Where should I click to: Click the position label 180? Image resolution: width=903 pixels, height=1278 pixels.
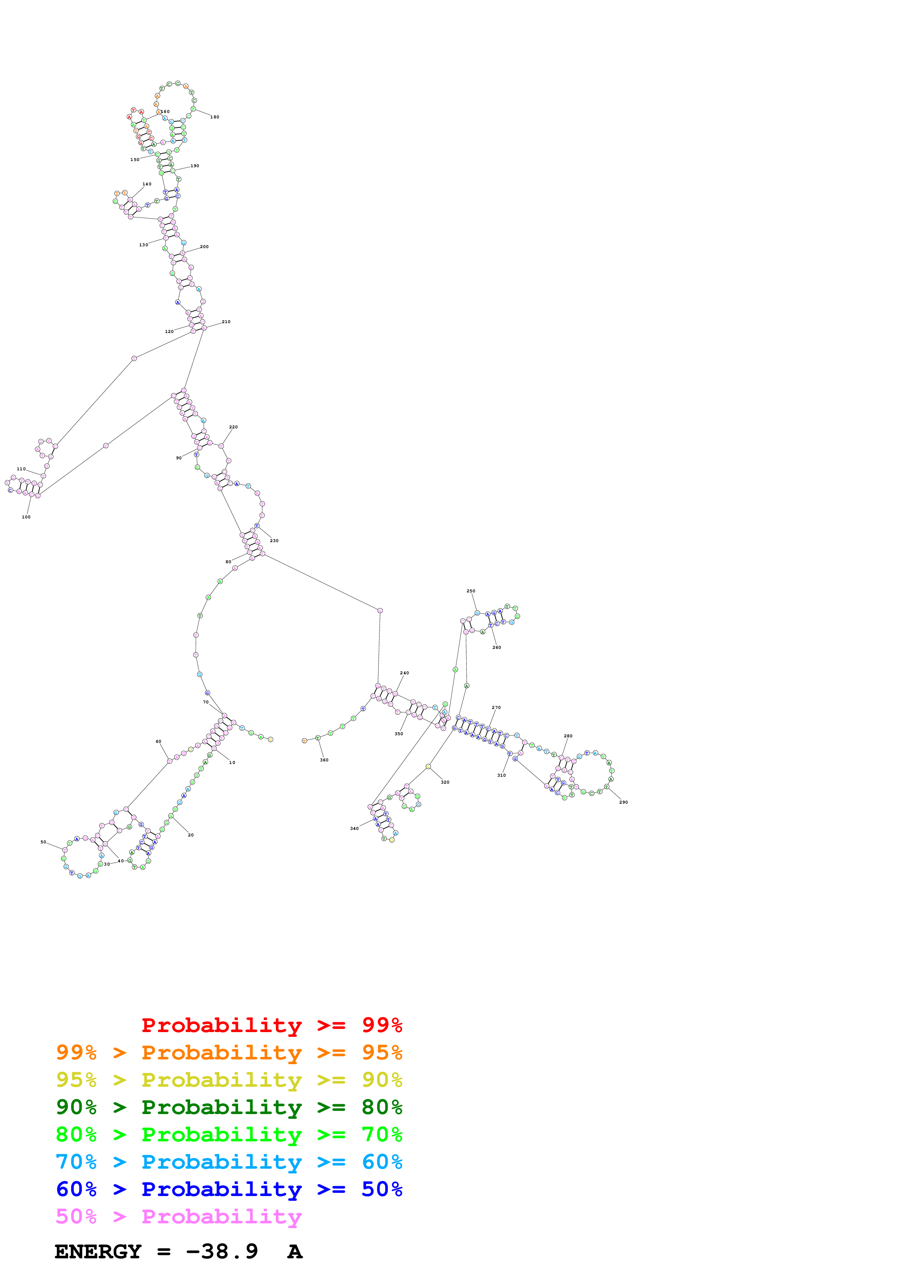(215, 117)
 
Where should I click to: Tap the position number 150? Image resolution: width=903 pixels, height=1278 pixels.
(135, 160)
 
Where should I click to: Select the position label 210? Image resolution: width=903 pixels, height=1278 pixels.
(226, 322)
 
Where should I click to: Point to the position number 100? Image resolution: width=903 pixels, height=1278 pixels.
(26, 517)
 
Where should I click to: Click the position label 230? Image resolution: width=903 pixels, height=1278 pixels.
(274, 541)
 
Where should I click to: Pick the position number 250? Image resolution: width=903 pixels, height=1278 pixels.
(471, 591)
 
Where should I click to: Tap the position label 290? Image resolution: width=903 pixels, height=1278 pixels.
(623, 802)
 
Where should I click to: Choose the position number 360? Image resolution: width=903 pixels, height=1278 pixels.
(324, 760)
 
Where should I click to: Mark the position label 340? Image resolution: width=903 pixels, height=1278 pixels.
(354, 828)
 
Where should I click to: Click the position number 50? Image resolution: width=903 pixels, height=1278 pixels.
(43, 842)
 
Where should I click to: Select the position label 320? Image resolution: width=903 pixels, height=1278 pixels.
(445, 782)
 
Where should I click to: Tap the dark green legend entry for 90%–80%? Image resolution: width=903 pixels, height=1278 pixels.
(229, 1107)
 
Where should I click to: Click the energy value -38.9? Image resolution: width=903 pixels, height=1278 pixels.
(222, 1251)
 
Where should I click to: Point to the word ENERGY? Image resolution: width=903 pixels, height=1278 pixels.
(98, 1251)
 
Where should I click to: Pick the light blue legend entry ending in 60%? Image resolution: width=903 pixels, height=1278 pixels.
(229, 1162)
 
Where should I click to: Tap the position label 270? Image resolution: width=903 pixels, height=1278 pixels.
(496, 707)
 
